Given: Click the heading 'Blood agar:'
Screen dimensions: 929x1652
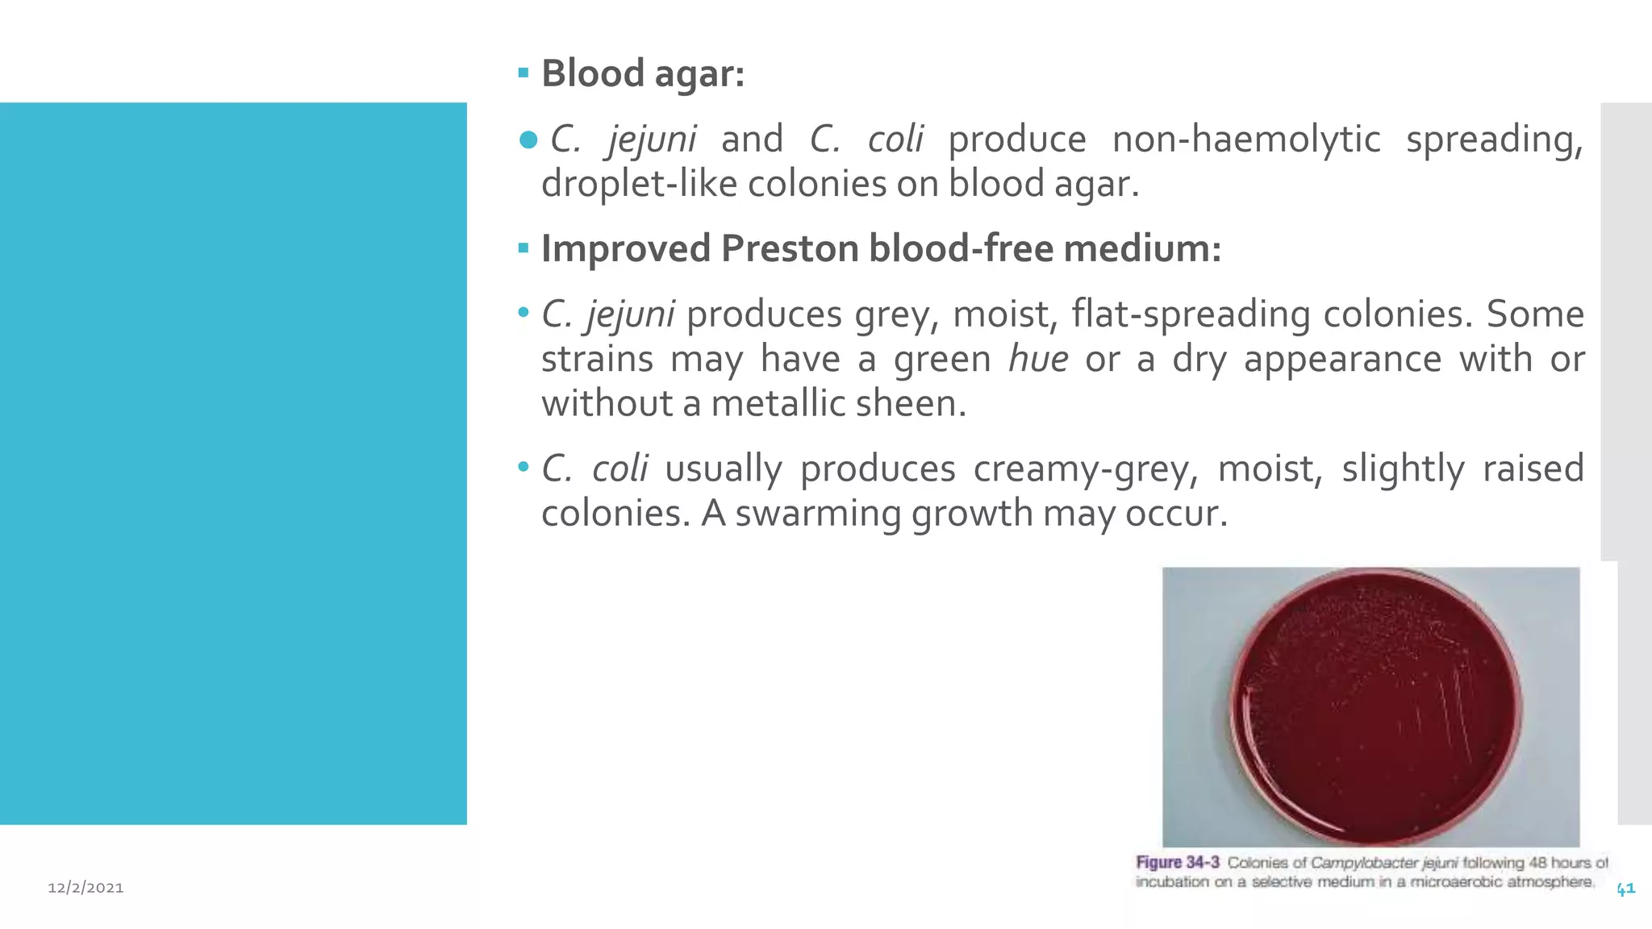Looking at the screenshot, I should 642,73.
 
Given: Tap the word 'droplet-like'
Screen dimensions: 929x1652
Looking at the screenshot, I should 639,184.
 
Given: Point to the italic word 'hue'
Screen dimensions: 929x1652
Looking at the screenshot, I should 1038,359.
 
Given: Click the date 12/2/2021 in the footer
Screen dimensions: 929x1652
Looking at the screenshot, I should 86,888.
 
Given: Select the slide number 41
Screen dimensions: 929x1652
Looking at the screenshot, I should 1625,889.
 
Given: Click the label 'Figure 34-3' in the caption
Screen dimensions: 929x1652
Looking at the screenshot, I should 1177,863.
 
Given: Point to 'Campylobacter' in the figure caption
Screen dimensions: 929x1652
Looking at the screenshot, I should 1364,863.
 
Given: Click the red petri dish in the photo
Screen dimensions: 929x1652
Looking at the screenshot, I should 1376,707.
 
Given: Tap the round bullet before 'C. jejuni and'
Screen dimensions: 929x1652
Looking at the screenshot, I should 528,140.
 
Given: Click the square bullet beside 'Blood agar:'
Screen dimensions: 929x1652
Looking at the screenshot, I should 524,73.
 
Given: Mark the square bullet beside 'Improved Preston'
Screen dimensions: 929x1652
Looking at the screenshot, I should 524,248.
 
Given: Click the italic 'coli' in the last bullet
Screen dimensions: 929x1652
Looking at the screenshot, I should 619,469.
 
